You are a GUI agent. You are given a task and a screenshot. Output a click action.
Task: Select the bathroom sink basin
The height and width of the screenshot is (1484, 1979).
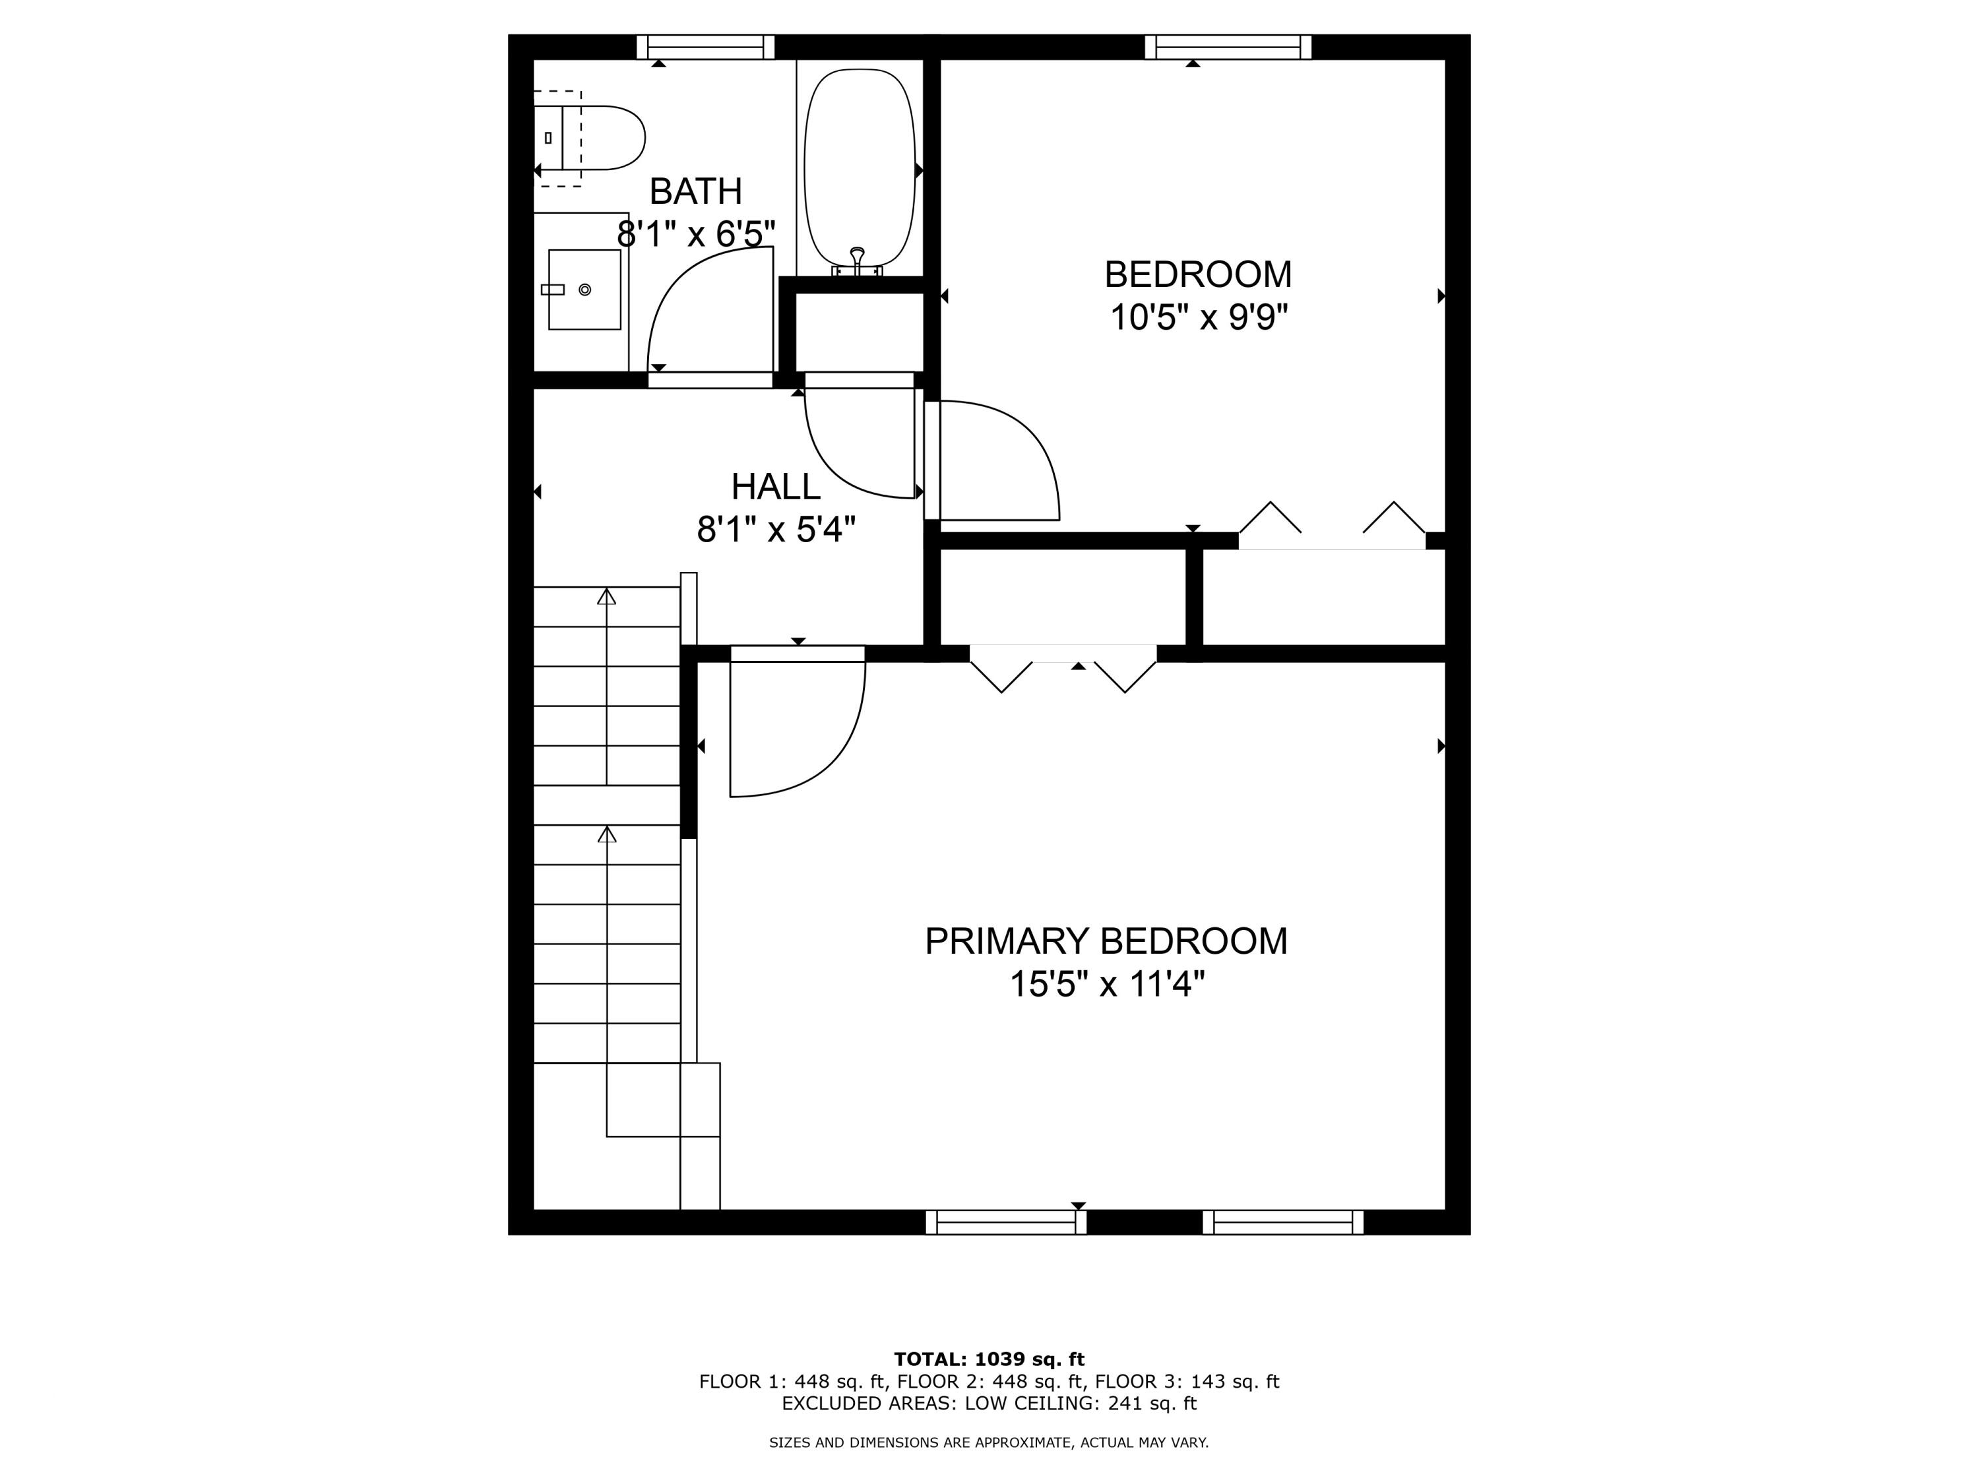584,290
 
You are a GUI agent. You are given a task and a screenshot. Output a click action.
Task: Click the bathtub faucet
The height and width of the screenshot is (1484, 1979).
857,262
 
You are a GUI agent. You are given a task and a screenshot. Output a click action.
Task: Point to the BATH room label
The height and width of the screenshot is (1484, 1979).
695,191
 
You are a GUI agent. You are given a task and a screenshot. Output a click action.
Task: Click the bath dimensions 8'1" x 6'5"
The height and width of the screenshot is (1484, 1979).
695,234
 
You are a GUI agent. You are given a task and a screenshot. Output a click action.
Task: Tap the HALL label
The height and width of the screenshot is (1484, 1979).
776,487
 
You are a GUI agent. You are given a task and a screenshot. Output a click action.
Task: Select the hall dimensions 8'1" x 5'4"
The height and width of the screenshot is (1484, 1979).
776,530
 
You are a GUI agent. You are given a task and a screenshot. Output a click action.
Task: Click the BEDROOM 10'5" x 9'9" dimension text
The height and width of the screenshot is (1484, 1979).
1198,317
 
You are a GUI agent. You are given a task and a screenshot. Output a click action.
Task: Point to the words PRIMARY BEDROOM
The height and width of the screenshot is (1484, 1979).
1106,941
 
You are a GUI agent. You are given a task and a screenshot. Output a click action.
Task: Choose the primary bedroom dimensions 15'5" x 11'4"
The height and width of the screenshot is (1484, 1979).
1107,985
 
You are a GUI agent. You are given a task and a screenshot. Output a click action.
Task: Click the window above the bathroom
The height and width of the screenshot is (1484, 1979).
705,47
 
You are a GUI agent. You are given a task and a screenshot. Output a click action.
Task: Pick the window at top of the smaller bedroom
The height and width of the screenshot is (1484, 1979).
1228,47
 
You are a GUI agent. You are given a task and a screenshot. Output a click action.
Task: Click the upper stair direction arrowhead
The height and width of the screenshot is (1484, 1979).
607,596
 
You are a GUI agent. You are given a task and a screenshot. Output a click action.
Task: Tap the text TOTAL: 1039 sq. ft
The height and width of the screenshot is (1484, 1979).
989,1359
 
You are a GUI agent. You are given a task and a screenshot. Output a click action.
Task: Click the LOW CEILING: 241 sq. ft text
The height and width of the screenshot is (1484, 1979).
1081,1403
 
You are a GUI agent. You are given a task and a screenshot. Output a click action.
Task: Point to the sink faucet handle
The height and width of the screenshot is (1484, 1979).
553,290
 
